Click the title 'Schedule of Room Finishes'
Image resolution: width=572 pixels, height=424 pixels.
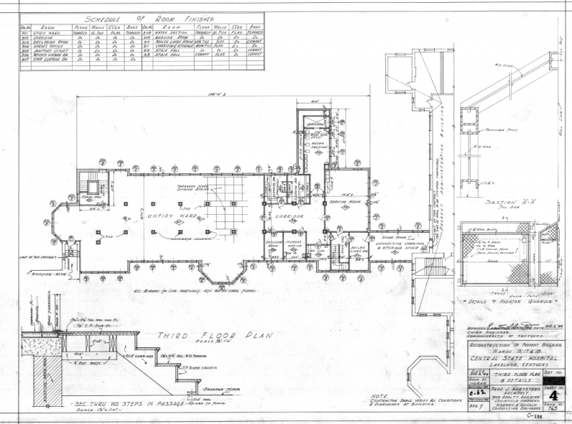point(135,19)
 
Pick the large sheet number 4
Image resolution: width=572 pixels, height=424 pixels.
point(552,394)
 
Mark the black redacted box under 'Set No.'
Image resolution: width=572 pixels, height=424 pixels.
point(553,380)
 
